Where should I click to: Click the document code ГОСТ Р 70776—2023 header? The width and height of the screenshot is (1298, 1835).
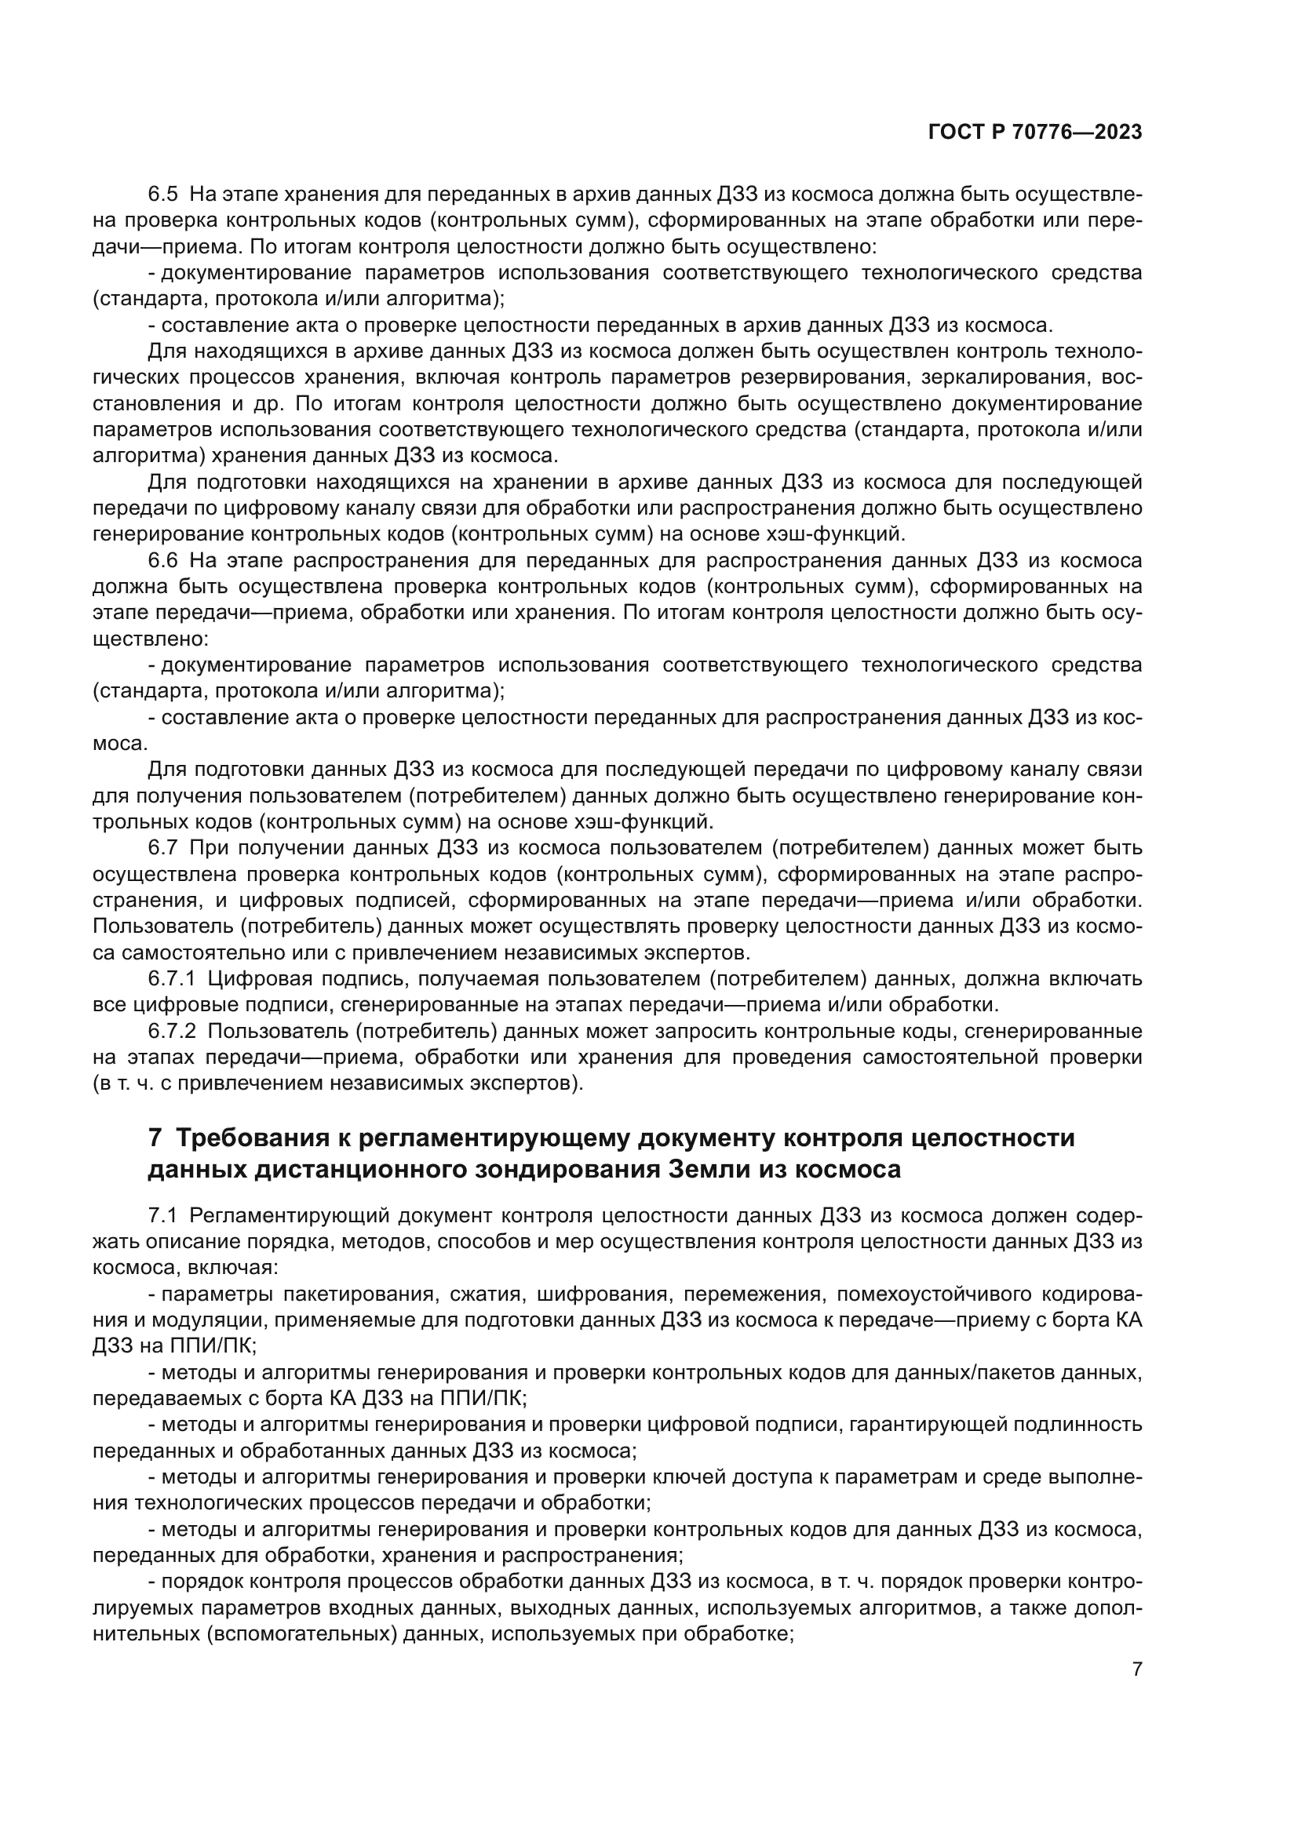pos(1035,133)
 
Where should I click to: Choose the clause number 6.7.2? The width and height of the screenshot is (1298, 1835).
pos(172,1032)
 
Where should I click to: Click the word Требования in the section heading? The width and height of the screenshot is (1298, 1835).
pos(258,1138)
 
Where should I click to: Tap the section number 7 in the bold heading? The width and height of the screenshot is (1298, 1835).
pos(155,1138)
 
